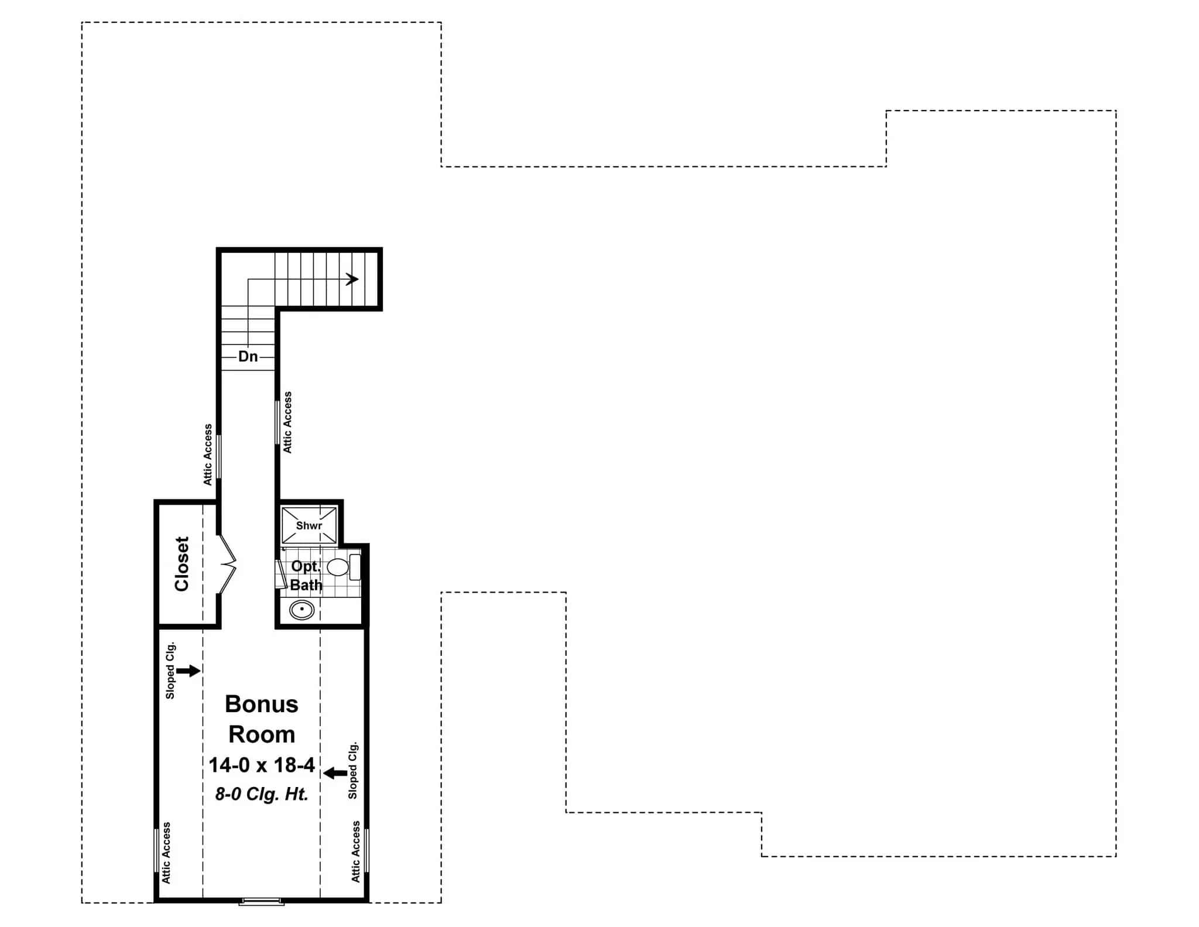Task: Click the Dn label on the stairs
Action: (x=248, y=356)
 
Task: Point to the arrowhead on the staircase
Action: (x=352, y=279)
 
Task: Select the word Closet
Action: (x=181, y=563)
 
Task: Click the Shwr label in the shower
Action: (x=309, y=525)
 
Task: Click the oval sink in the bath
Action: (x=302, y=610)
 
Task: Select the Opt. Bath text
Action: (x=306, y=575)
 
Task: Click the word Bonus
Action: (x=261, y=704)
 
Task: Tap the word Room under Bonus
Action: (x=261, y=734)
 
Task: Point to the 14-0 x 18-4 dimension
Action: (x=262, y=765)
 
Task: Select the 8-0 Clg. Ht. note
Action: (x=261, y=794)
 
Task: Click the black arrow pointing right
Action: (x=188, y=671)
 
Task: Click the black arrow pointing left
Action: (x=335, y=773)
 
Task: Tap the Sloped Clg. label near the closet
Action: (x=170, y=671)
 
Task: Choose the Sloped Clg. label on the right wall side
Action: (x=352, y=770)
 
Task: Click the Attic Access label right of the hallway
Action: (x=287, y=422)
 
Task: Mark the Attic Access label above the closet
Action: (x=208, y=455)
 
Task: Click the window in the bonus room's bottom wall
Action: (x=261, y=901)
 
